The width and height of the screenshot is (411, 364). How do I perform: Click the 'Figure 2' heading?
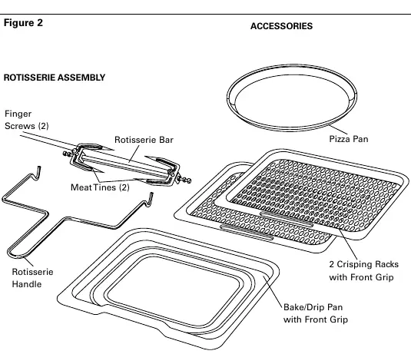point(23,23)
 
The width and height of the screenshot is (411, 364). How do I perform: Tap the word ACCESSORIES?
point(281,26)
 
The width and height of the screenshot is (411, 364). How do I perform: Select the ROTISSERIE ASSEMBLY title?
point(55,78)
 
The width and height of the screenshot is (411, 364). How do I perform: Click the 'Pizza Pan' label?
point(349,139)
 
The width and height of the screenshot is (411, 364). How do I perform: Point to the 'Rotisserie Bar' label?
point(144,140)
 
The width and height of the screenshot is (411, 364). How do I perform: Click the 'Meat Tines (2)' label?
point(100,187)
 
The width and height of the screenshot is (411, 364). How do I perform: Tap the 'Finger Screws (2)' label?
point(27,120)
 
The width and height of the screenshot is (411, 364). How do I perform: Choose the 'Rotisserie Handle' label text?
point(32,278)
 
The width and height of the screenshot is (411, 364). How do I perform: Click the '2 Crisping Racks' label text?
point(364,264)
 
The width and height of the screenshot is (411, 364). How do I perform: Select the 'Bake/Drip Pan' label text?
point(313,307)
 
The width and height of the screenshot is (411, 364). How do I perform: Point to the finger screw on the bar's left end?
point(68,154)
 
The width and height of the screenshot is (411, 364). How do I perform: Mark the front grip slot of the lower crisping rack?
point(247,232)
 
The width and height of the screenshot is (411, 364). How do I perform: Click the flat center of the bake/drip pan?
point(174,291)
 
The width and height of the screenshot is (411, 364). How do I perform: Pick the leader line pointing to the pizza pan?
point(338,130)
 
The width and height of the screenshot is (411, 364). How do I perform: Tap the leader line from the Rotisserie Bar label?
point(134,154)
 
